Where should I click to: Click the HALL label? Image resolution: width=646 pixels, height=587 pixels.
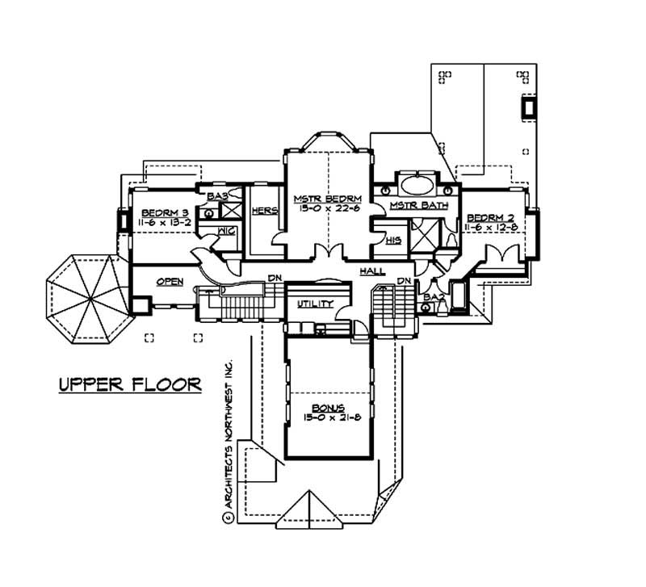[x=372, y=271]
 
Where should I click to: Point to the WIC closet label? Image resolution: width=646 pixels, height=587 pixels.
[x=226, y=231]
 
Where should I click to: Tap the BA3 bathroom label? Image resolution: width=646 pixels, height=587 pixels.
[x=217, y=196]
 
